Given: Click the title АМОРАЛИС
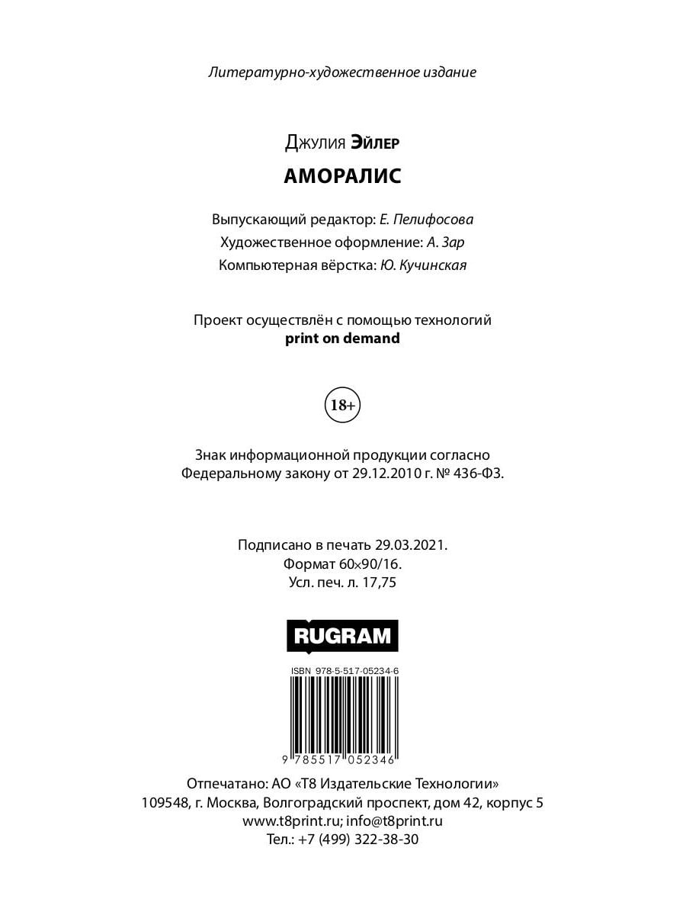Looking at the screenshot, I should (x=342, y=176).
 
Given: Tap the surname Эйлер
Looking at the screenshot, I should (x=375, y=142).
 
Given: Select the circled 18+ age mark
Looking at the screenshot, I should (x=342, y=406).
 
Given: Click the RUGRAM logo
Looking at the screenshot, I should (x=342, y=635).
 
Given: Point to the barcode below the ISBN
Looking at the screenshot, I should (x=342, y=713).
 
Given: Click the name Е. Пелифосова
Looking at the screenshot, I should (x=426, y=220).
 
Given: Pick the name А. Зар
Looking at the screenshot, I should (x=446, y=242).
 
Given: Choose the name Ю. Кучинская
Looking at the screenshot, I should (x=423, y=265).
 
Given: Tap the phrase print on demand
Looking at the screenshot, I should (x=342, y=339).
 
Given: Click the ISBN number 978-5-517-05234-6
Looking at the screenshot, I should (x=354, y=670).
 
